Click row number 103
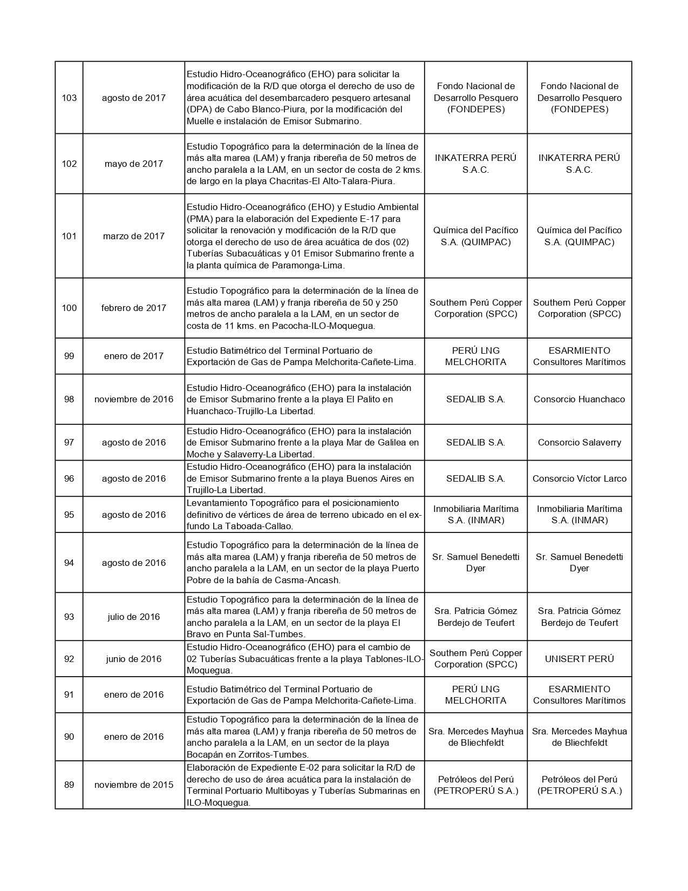pyautogui.click(x=69, y=98)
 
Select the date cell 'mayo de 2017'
pyautogui.click(x=133, y=164)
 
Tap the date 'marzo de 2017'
pyautogui.click(x=133, y=236)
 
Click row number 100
pyautogui.click(x=69, y=308)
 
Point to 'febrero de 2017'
pyautogui.click(x=133, y=308)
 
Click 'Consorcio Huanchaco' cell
pyautogui.click(x=579, y=399)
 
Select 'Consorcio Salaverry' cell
pyautogui.click(x=579, y=442)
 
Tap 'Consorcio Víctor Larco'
pyautogui.click(x=579, y=478)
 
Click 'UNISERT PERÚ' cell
pyautogui.click(x=579, y=659)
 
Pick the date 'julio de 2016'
pyautogui.click(x=133, y=617)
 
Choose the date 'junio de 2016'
pyautogui.click(x=133, y=659)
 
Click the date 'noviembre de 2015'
pyautogui.click(x=133, y=785)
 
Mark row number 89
pyautogui.click(x=69, y=785)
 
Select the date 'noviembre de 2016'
pyautogui.click(x=133, y=399)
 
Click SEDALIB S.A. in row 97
pyautogui.click(x=475, y=442)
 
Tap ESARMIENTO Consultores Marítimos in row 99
pyautogui.click(x=579, y=356)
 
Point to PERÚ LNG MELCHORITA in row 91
pyautogui.click(x=475, y=694)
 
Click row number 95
pyautogui.click(x=69, y=515)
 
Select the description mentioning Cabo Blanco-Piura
pyautogui.click(x=304, y=98)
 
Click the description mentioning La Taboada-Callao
pyautogui.click(x=304, y=515)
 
